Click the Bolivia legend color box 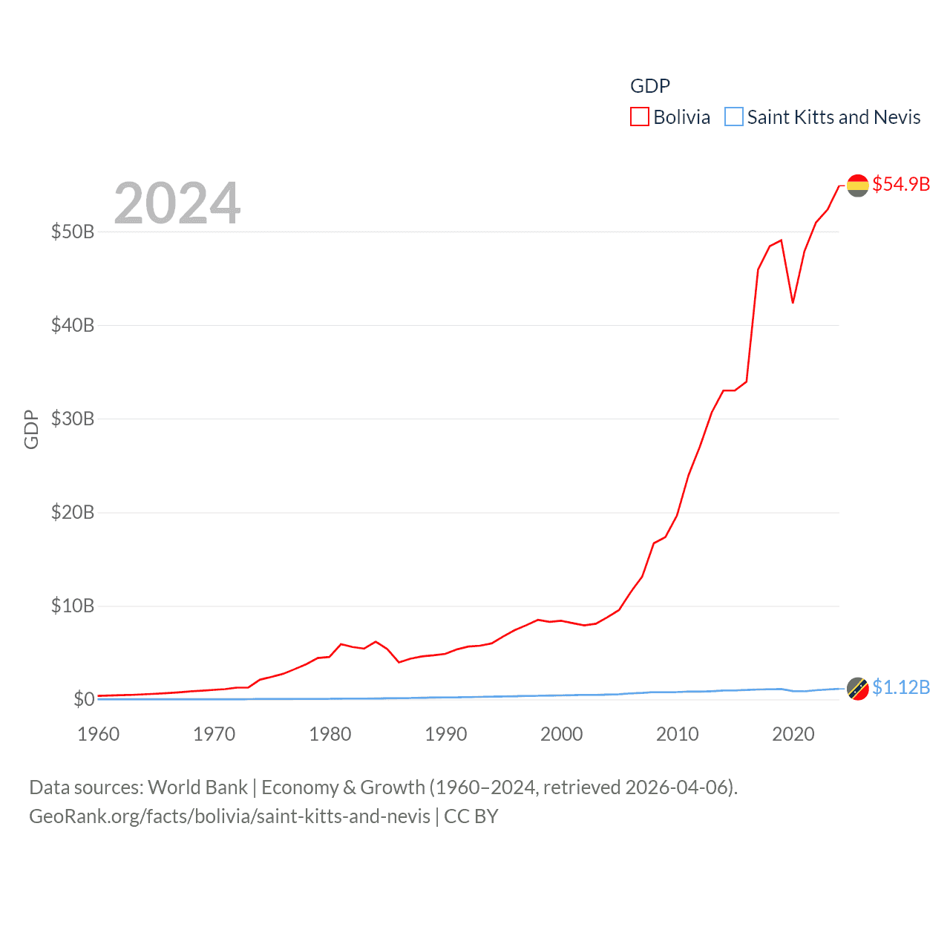(x=640, y=117)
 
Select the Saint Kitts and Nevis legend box (x=733, y=117)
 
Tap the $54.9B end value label (x=901, y=184)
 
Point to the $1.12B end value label (x=901, y=688)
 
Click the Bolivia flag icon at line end (x=858, y=185)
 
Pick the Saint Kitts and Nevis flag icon (x=858, y=689)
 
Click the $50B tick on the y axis (x=73, y=232)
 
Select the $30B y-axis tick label (x=73, y=419)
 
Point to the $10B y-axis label (x=73, y=606)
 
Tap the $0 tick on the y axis (x=84, y=699)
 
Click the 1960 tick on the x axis (x=98, y=734)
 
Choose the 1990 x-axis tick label (x=445, y=734)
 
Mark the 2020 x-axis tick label (x=793, y=734)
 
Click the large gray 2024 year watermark (x=177, y=203)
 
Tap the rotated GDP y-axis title (x=31, y=429)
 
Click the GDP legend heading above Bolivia (x=650, y=86)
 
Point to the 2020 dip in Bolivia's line (x=793, y=302)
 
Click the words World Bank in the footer (x=197, y=787)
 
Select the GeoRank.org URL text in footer (x=229, y=816)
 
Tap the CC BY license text (x=471, y=816)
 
